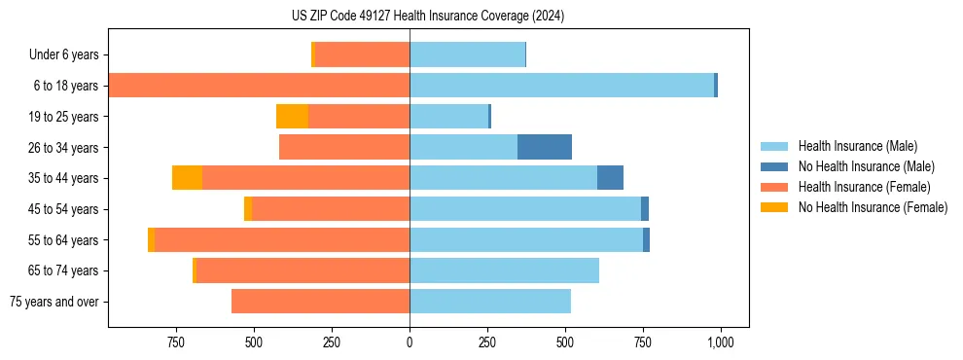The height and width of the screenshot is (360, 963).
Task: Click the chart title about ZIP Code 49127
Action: (428, 17)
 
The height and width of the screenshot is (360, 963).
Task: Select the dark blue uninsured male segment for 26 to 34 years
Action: (544, 147)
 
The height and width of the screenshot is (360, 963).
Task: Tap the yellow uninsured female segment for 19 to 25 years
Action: (292, 117)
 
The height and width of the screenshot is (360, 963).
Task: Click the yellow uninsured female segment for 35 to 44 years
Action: (187, 178)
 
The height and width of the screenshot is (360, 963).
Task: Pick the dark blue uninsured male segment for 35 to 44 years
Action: (610, 178)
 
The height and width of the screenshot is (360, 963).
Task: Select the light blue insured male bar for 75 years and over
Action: (490, 302)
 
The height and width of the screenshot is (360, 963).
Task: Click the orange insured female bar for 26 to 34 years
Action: (344, 147)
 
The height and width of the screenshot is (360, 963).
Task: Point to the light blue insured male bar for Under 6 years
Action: (467, 55)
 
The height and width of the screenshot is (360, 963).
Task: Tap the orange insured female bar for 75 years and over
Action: (320, 302)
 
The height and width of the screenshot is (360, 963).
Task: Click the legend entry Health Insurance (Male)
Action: (857, 146)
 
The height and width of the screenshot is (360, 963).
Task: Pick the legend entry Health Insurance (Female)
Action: (864, 187)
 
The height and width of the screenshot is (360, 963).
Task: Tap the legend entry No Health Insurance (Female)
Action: (873, 207)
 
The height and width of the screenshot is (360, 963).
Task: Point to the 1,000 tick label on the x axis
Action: (720, 342)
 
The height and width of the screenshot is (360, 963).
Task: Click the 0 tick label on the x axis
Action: (410, 342)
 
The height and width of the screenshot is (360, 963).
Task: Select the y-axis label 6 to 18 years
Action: (66, 86)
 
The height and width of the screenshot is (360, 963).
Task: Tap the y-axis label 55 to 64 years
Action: (63, 240)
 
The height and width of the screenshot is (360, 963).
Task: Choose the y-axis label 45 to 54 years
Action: (63, 209)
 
